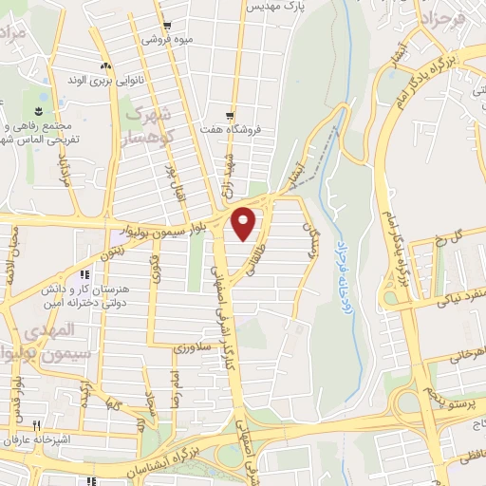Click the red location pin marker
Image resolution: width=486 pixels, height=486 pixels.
click(x=245, y=222)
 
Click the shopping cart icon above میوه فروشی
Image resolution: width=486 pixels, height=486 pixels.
click(x=167, y=27)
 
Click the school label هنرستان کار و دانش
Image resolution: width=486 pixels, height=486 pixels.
click(x=86, y=287)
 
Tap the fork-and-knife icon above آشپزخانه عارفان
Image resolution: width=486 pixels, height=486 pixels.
click(x=36, y=424)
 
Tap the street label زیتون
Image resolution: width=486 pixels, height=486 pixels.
click(x=113, y=249)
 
